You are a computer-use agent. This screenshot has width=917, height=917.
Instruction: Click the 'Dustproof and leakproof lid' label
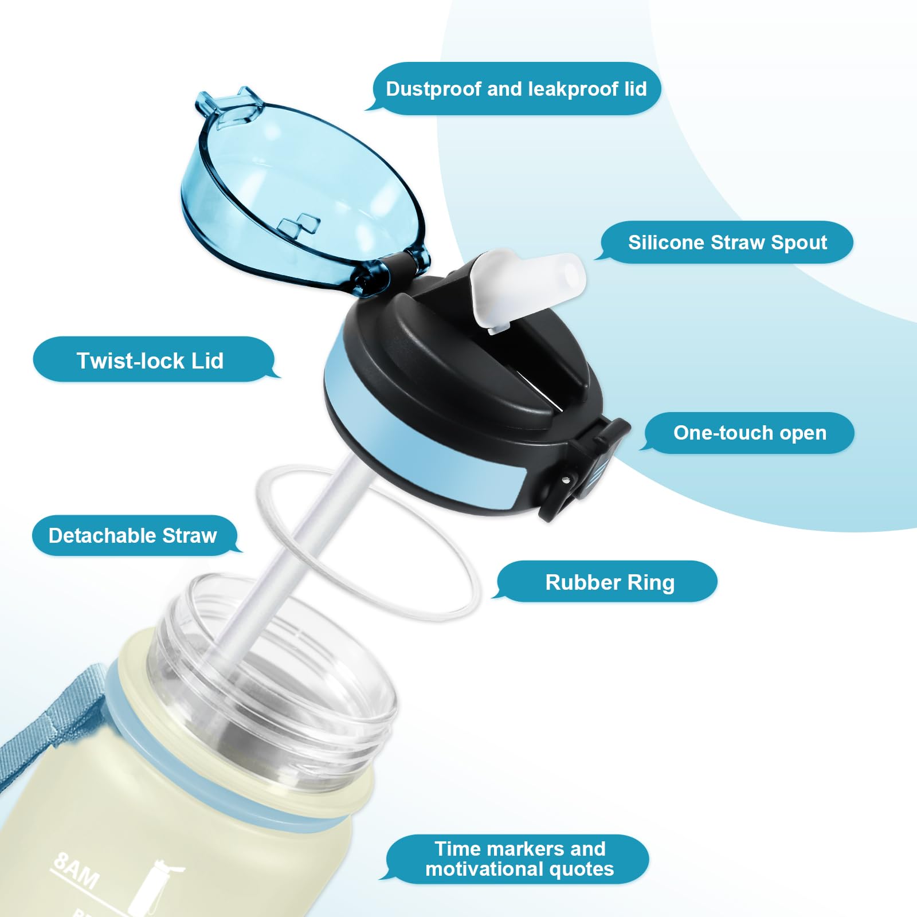[516, 89]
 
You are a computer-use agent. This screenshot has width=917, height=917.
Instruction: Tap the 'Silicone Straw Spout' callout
[727, 242]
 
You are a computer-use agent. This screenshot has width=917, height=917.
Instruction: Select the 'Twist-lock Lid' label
[150, 360]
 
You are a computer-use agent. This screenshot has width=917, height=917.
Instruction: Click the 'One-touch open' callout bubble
[750, 433]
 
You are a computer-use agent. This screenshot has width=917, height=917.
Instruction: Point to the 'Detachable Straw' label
[133, 535]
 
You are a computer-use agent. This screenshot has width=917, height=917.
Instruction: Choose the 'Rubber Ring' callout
[610, 582]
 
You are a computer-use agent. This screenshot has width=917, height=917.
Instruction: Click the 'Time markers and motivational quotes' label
[519, 859]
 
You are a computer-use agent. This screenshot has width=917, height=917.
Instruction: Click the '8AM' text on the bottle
[76, 869]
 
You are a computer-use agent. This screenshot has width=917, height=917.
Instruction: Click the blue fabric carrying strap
[34, 722]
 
